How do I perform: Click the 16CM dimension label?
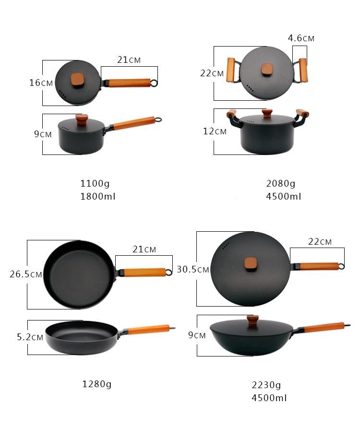click(x=41, y=83)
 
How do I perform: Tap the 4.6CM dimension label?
click(x=301, y=38)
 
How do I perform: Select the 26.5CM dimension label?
click(x=26, y=274)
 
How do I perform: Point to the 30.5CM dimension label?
click(x=193, y=269)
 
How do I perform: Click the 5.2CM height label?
click(x=30, y=337)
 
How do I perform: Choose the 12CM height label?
click(x=215, y=131)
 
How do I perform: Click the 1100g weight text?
click(x=95, y=184)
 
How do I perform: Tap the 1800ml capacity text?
click(x=98, y=196)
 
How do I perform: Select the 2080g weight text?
click(x=281, y=184)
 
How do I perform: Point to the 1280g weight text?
click(x=97, y=384)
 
